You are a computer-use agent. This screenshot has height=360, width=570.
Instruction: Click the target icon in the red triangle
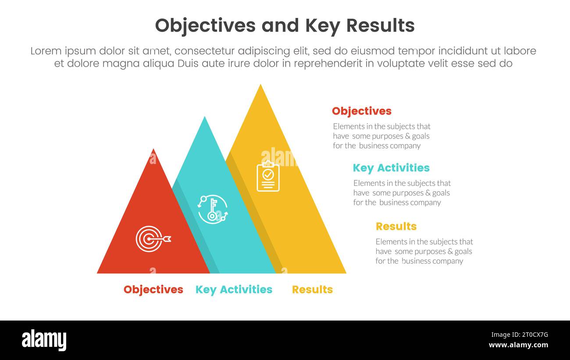click(x=152, y=239)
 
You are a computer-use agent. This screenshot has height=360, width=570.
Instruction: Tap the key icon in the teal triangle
click(x=213, y=209)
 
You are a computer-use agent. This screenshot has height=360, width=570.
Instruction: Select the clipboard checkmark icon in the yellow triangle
click(x=268, y=176)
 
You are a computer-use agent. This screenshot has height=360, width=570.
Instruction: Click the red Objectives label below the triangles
click(x=153, y=289)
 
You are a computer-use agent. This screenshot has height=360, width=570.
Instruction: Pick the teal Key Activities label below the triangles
click(x=234, y=289)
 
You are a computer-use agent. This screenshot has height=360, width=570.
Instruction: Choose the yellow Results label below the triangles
click(x=312, y=289)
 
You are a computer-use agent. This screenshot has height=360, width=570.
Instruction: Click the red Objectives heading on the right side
click(x=361, y=111)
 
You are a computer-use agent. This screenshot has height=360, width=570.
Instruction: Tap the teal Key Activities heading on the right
click(x=391, y=168)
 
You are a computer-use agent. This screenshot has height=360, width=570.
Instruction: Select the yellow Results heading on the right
click(x=396, y=226)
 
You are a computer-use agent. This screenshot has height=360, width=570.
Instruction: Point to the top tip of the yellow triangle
click(x=260, y=86)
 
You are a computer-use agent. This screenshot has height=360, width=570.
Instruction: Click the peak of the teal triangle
click(x=204, y=118)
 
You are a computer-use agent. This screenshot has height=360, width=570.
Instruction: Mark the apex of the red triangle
click(x=153, y=150)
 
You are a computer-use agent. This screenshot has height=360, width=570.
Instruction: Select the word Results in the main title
click(x=380, y=26)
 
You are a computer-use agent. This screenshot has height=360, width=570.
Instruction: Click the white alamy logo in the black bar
click(x=44, y=340)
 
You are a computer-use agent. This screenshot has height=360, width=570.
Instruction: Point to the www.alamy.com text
click(x=518, y=345)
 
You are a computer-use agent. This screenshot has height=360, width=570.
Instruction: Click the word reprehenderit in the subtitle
click(x=328, y=63)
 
